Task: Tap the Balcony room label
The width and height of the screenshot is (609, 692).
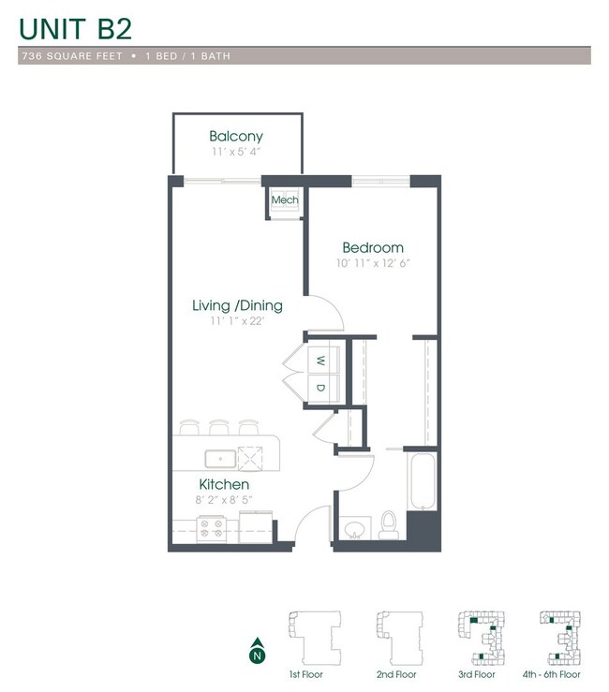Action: pyautogui.click(x=236, y=136)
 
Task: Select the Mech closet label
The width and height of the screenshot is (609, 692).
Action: pyautogui.click(x=284, y=200)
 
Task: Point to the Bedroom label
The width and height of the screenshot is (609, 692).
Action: pyautogui.click(x=373, y=247)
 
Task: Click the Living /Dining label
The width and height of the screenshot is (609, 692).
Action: pyautogui.click(x=237, y=306)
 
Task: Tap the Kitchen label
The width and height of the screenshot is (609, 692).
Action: pyautogui.click(x=224, y=484)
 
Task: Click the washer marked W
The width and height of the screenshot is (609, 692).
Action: pyautogui.click(x=319, y=361)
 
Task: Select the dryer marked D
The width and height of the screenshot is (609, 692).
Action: pyautogui.click(x=319, y=388)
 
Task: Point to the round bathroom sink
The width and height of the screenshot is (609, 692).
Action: pyautogui.click(x=354, y=530)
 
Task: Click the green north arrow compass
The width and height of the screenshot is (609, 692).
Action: pyautogui.click(x=256, y=648)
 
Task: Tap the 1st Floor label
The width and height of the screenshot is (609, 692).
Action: pyautogui.click(x=305, y=674)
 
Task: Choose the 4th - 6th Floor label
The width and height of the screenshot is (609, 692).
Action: pyautogui.click(x=551, y=674)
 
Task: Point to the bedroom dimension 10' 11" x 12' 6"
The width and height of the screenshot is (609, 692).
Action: pyautogui.click(x=373, y=263)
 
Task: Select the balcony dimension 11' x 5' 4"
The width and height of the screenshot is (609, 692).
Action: pyautogui.click(x=236, y=151)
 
